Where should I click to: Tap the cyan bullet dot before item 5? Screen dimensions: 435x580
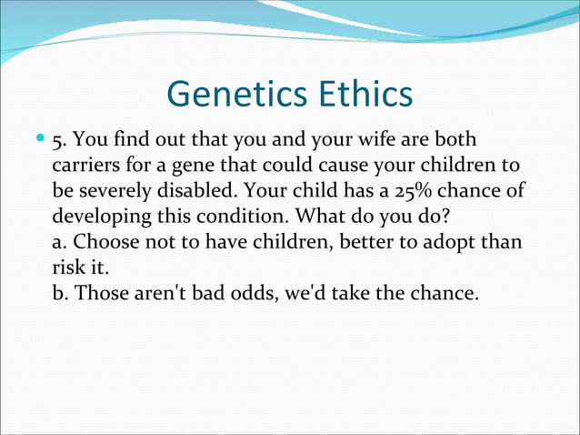tap(39, 142)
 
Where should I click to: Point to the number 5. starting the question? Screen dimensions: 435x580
tap(60, 143)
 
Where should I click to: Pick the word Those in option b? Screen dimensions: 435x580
tap(102, 295)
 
